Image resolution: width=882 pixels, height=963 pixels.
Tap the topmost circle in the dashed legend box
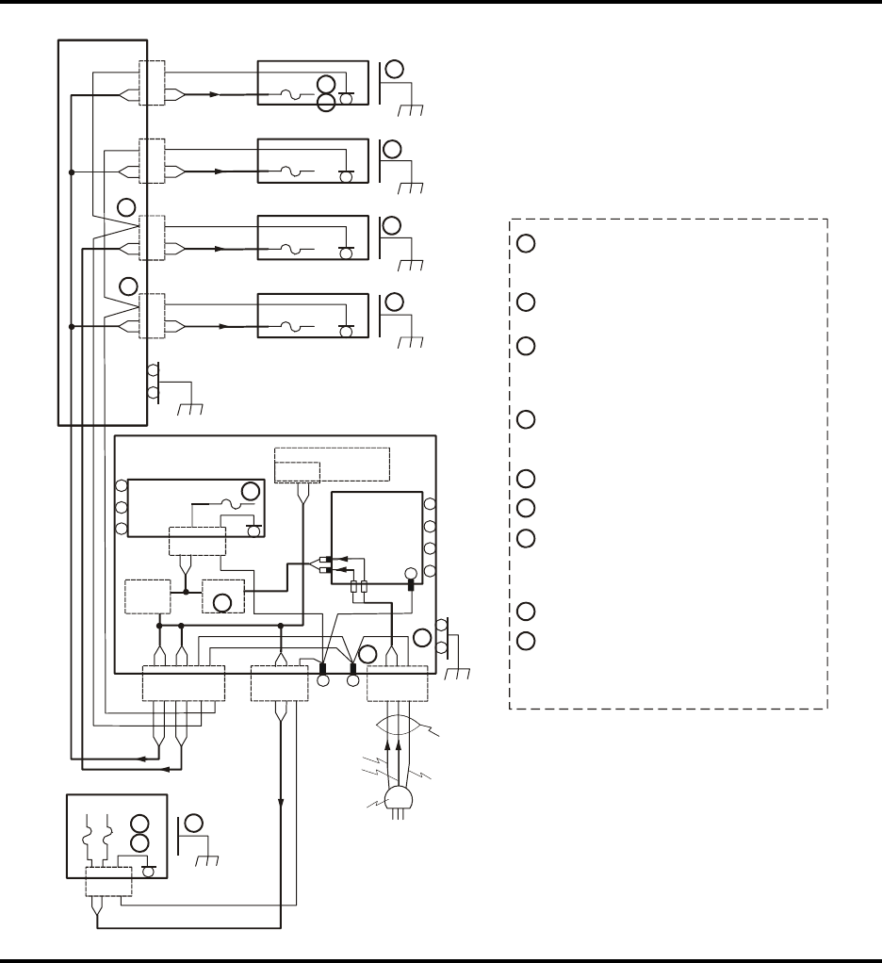tap(527, 243)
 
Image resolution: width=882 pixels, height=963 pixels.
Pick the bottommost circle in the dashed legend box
tap(527, 641)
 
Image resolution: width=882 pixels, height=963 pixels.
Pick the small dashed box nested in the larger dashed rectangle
tap(298, 472)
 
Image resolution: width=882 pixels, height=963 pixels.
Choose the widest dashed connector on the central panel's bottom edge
tap(183, 683)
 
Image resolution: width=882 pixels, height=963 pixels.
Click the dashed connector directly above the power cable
tap(397, 683)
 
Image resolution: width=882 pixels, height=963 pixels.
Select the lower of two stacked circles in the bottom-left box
tap(139, 842)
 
